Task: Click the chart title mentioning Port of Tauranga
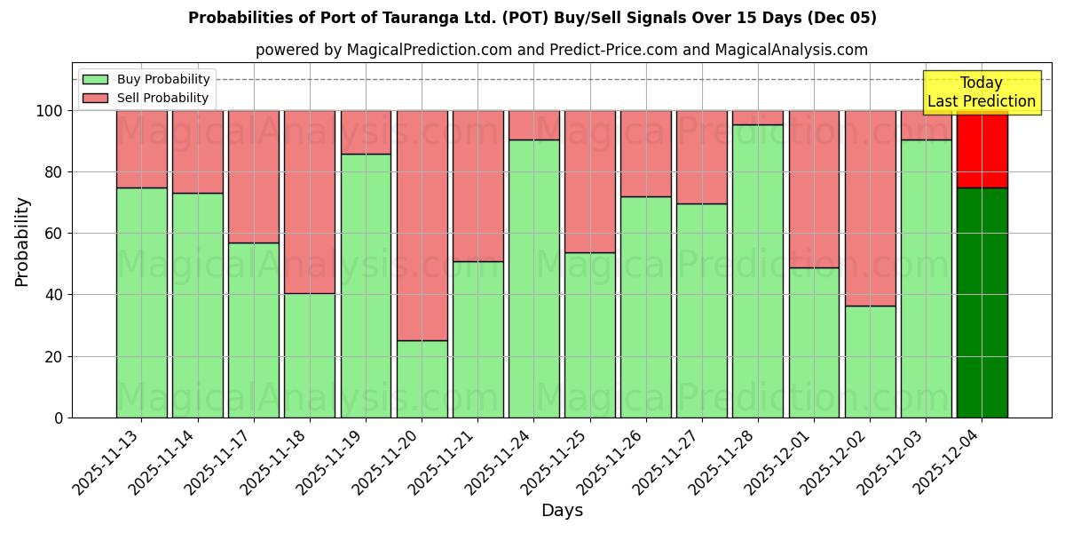click(532, 18)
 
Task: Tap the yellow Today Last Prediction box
click(981, 92)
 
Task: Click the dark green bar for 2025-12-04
click(982, 302)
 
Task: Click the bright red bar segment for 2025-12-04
click(982, 149)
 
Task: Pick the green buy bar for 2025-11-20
click(422, 378)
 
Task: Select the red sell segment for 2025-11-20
click(422, 226)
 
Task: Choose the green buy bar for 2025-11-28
click(758, 271)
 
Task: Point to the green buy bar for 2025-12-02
click(870, 362)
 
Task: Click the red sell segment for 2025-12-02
click(870, 208)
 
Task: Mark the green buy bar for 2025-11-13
click(141, 302)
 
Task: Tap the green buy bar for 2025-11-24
click(533, 278)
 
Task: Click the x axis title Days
click(562, 511)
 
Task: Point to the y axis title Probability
click(22, 241)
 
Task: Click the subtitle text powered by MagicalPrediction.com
click(561, 50)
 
